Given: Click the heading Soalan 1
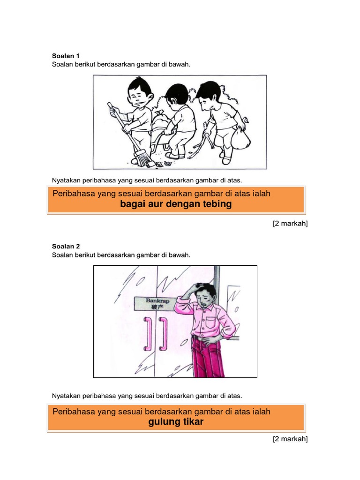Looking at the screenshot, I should pos(66,56).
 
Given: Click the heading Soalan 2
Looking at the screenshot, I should pos(66,246).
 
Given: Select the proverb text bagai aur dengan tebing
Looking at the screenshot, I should pos(176,204).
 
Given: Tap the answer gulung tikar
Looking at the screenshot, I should pos(176,422).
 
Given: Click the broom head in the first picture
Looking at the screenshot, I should pos(145,158).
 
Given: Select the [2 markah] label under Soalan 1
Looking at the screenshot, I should pos(290,224).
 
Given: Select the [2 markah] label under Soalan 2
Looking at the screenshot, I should pos(290,439).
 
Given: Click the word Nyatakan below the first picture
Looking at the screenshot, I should pos(66,180).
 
